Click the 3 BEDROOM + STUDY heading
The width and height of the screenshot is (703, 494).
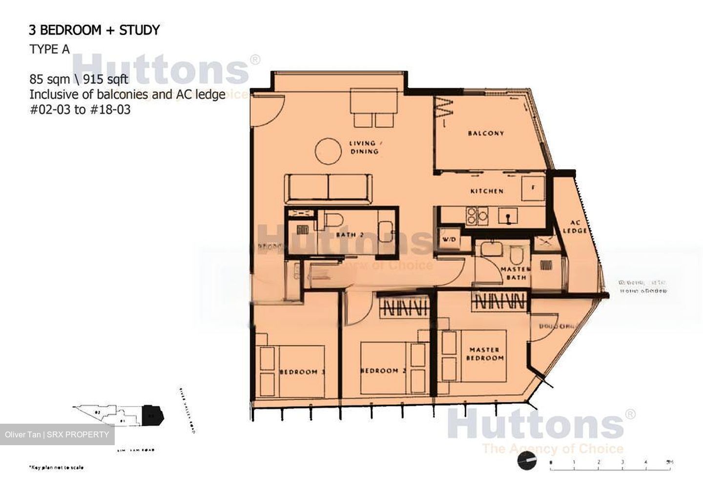(x=94, y=30)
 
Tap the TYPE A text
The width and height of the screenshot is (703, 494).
(x=49, y=49)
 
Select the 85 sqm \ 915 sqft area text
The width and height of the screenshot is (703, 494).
(x=79, y=79)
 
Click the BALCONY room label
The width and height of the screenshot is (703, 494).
(x=485, y=133)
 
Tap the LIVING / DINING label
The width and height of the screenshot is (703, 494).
(x=364, y=147)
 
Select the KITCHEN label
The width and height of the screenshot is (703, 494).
(x=487, y=191)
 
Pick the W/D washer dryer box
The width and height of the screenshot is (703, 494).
(x=449, y=240)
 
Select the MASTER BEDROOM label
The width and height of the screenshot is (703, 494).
(x=484, y=354)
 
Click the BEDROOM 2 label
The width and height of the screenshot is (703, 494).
(x=383, y=371)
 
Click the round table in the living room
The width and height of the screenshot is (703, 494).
(x=328, y=151)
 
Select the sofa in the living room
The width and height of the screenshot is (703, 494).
(x=329, y=188)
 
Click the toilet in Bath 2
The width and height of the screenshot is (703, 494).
(x=336, y=220)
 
